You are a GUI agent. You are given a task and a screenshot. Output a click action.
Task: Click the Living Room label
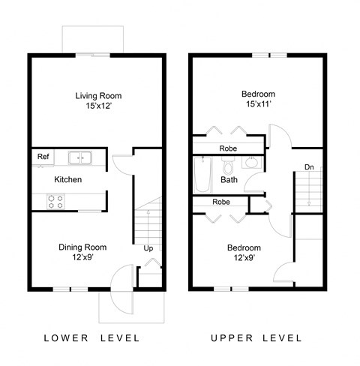pyautogui.click(x=98, y=95)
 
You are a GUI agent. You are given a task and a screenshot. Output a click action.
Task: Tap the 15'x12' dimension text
pyautogui.click(x=98, y=107)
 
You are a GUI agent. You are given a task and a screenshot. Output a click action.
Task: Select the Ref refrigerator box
pyautogui.click(x=43, y=157)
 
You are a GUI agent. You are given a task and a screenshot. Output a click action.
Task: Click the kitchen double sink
pyautogui.click(x=79, y=157)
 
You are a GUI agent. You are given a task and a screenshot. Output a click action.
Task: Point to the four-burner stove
pyautogui.click(x=55, y=200)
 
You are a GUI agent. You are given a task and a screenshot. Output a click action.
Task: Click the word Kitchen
pyautogui.click(x=67, y=180)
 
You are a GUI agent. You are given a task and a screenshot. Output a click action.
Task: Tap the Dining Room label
pyautogui.click(x=82, y=247)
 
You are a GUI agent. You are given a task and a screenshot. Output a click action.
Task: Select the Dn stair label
pyautogui.click(x=309, y=166)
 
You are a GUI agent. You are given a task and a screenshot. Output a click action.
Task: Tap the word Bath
pyautogui.click(x=229, y=180)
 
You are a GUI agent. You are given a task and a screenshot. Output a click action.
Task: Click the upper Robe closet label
pyautogui.click(x=229, y=148)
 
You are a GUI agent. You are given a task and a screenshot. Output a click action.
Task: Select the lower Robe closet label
pyautogui.click(x=221, y=202)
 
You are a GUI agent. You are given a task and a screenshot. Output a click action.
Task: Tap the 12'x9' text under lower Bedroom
pyautogui.click(x=244, y=259)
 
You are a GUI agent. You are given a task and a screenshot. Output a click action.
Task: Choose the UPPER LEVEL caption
pyautogui.click(x=256, y=337)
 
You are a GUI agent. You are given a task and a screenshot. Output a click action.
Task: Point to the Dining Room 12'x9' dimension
pyautogui.click(x=82, y=258)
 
